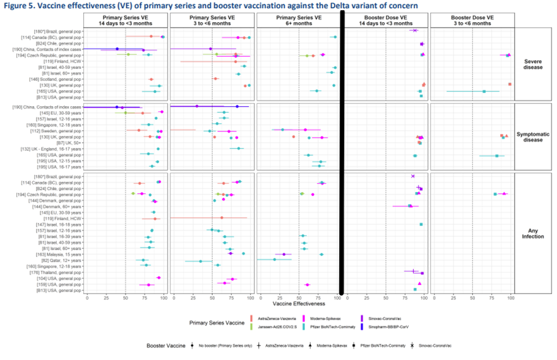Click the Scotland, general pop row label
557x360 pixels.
click(62, 80)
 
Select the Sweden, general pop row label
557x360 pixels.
click(61, 131)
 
